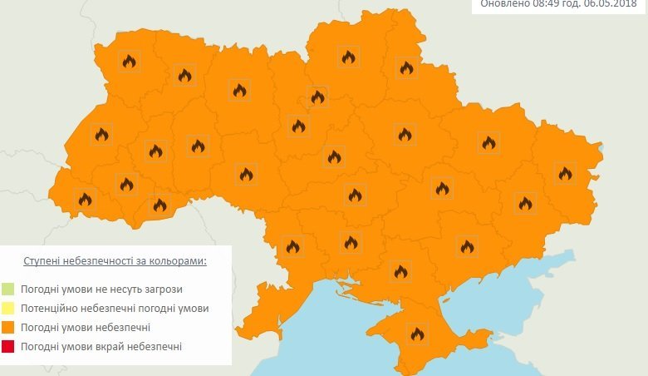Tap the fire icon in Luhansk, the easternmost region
[566, 173]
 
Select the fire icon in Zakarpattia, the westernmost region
[84, 199]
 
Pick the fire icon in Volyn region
[129, 61]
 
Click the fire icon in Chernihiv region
[348, 57]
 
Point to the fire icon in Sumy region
[406, 67]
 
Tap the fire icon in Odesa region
[292, 245]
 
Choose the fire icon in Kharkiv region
[488, 142]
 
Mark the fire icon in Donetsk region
[525, 202]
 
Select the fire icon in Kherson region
[400, 270]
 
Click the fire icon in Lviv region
[101, 134]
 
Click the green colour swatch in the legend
[8, 289]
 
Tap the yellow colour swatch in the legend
[8, 309]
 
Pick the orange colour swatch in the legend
[8, 328]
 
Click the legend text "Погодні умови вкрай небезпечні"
[101, 346]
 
